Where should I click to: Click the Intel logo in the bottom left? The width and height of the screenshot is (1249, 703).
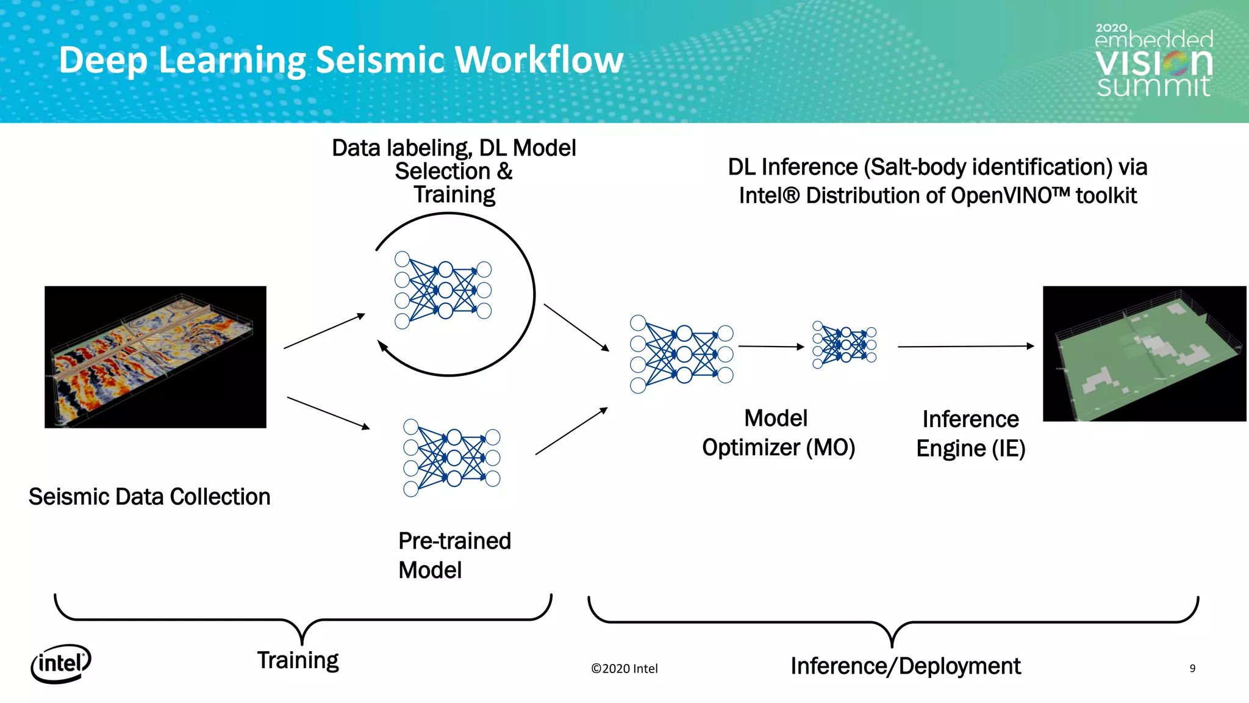pos(60,663)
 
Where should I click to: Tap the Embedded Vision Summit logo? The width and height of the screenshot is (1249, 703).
pos(1153,62)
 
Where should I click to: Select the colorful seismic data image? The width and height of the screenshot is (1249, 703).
pos(156,357)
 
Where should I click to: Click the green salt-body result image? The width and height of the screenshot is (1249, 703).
pos(1144,354)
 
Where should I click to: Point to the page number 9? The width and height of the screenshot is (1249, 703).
pos(1192,668)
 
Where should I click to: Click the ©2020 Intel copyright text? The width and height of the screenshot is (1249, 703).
pos(624,669)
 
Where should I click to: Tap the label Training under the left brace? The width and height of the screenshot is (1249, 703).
pos(298,660)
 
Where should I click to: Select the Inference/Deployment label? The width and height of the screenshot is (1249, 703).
pos(905,666)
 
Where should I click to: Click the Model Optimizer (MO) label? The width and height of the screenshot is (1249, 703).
pos(778,433)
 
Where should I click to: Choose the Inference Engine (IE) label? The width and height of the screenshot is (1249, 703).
pos(970,434)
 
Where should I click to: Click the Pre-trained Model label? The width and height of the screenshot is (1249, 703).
pos(454,555)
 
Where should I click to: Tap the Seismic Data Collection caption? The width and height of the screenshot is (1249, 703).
pos(149,497)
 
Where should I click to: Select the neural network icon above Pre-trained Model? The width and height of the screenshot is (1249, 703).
pos(451,458)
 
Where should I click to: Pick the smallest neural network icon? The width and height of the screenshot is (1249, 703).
pos(845,345)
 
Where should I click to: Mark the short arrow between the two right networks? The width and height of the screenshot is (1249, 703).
pos(771,347)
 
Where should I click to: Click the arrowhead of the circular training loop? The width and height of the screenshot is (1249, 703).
pos(382,347)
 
